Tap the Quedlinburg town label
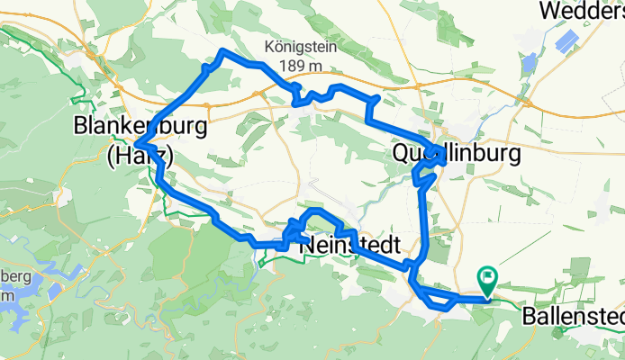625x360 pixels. click(457, 154)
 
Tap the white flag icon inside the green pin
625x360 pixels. click(487, 278)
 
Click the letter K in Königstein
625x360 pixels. click(270, 47)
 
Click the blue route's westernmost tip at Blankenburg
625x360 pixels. click(135, 144)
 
